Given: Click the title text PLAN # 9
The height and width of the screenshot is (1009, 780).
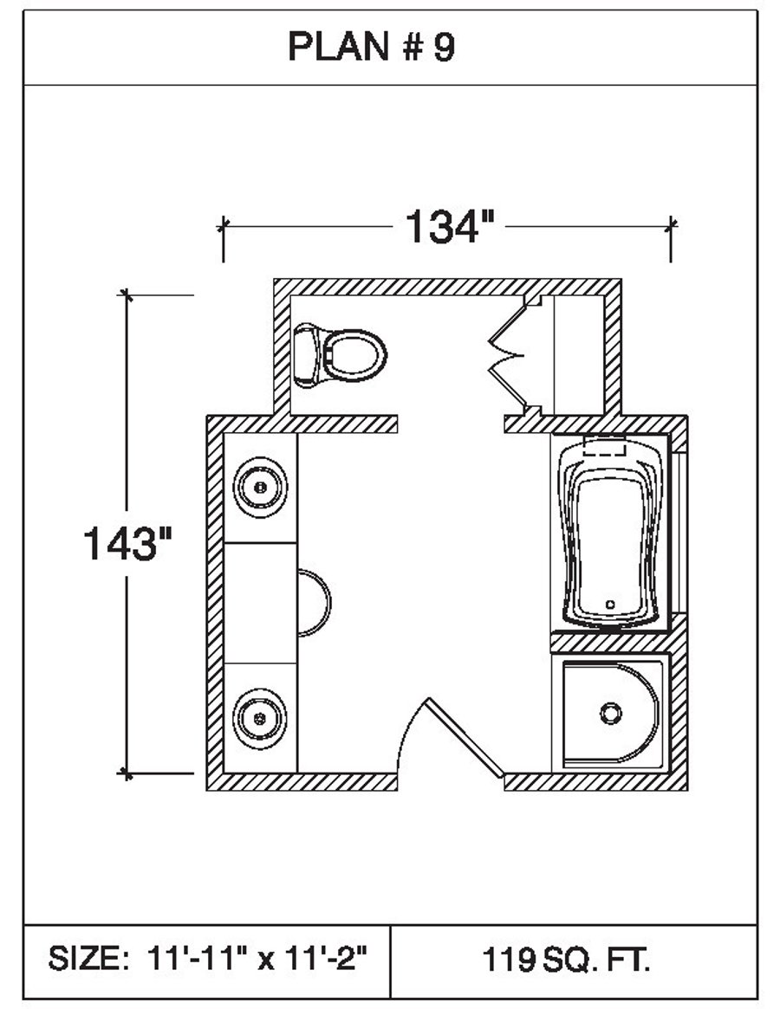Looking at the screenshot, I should tap(371, 48).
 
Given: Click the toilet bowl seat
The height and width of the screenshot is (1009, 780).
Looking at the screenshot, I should tap(354, 354).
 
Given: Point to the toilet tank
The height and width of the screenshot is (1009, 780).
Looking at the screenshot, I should tap(306, 355).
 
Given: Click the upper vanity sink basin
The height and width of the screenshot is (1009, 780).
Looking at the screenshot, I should tap(260, 488).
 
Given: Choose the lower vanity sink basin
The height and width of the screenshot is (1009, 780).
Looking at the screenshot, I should tap(260, 717).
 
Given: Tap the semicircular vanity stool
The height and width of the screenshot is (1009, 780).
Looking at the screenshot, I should tap(314, 603).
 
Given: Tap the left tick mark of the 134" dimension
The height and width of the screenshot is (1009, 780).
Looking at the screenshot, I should tap(224, 227).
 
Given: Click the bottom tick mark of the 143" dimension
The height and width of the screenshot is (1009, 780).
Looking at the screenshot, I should tap(127, 771).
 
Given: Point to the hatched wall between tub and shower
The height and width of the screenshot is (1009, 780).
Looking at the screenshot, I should tap(612, 643).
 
